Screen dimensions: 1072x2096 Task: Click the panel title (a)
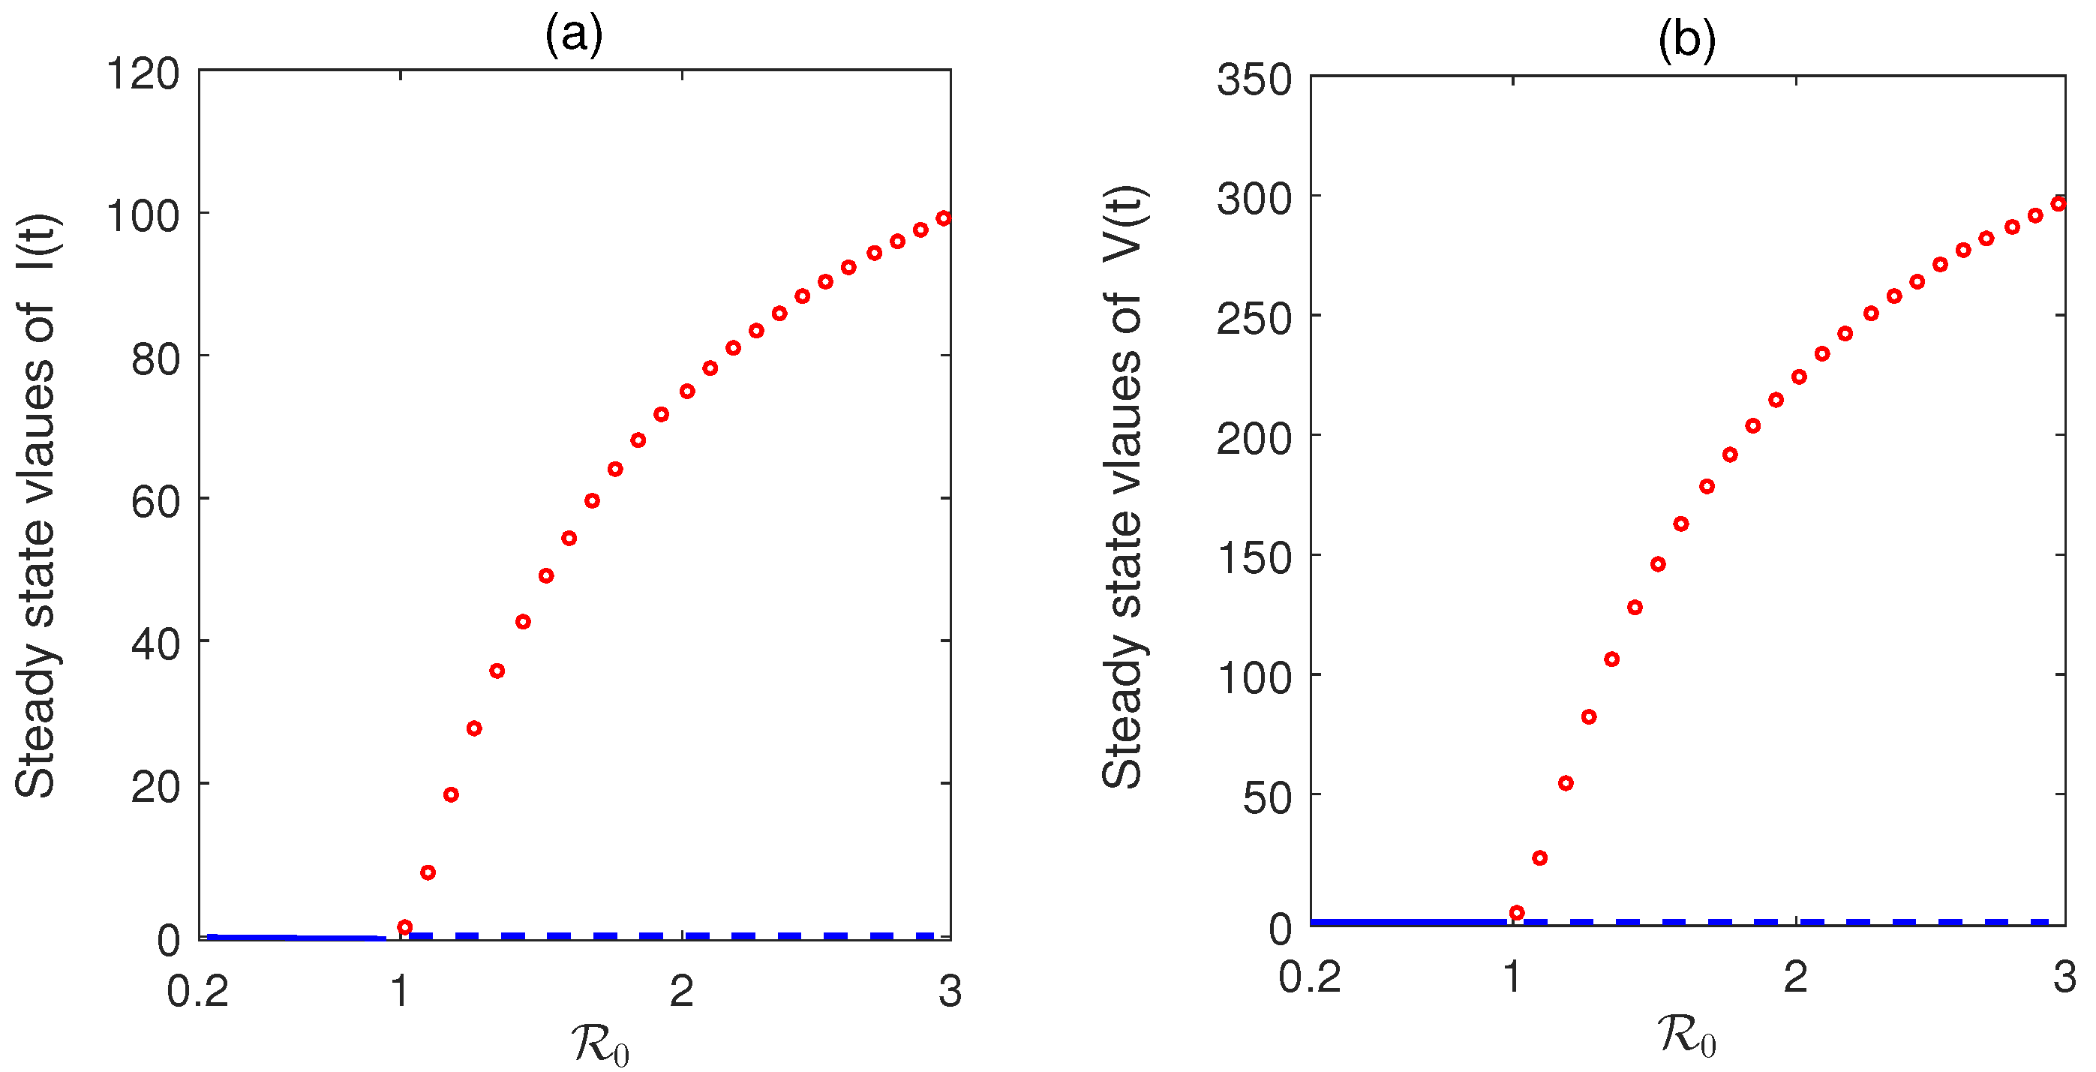pos(574,37)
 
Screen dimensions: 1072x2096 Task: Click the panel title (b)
pos(1686,41)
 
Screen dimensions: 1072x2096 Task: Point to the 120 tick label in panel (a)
pos(143,74)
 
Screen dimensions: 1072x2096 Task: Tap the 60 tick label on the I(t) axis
pos(155,502)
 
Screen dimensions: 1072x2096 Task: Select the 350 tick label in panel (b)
pos(1254,80)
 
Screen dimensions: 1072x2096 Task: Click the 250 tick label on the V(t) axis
pos(1254,320)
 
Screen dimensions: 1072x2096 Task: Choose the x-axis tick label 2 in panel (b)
pos(1795,977)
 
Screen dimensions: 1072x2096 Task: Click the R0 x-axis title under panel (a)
pos(600,1044)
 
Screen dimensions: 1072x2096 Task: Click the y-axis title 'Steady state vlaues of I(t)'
pos(36,504)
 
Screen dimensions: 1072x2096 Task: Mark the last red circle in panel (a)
pos(943,218)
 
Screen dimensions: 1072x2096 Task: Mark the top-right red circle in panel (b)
pos(2058,204)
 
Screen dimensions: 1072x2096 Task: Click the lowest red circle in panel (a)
pos(404,927)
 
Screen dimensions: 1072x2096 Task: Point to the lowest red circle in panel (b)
pos(1517,912)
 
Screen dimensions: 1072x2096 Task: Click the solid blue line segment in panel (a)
pos(297,937)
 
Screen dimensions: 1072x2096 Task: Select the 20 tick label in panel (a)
pos(155,788)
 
